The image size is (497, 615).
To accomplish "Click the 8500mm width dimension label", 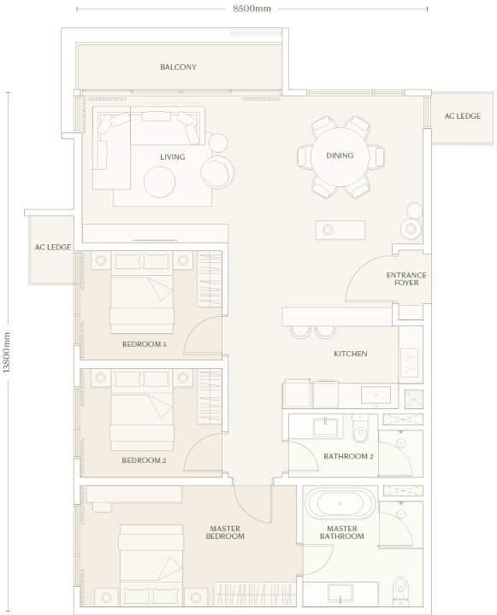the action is tap(251, 9).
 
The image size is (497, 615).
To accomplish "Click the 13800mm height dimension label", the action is tap(7, 353).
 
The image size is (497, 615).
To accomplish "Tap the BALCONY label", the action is tap(178, 67).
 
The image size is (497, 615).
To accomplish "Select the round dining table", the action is tap(340, 156).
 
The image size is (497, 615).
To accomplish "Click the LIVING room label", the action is tap(173, 157).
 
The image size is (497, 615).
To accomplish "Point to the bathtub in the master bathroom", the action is tap(340, 503).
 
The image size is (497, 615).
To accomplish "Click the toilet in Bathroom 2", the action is tap(359, 428).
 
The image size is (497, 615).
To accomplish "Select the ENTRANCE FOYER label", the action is tap(406, 278).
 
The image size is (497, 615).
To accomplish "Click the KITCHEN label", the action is tap(351, 354).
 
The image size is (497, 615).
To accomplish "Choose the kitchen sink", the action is tap(376, 395).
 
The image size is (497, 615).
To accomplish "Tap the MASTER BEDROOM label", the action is tap(225, 532).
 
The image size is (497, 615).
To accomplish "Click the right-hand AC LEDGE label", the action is tap(463, 116).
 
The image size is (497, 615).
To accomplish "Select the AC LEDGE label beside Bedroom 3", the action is tap(53, 247).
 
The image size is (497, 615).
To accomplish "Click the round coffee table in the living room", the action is tap(159, 182).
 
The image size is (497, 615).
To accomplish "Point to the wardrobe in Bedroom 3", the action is tap(210, 279).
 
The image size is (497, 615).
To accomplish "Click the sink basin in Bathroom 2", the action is tap(325, 428).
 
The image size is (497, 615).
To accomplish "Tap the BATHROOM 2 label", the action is tap(348, 456).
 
